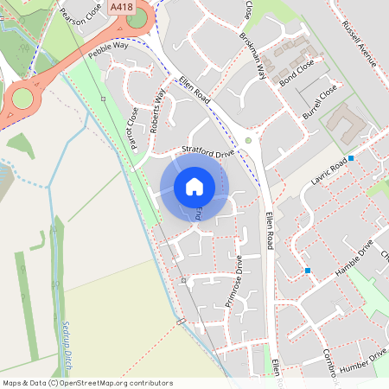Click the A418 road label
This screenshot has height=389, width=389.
(122, 6)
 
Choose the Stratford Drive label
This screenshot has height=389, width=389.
(207, 154)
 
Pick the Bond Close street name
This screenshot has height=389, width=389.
(297, 74)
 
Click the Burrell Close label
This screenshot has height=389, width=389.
(319, 102)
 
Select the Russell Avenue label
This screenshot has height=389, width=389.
(360, 43)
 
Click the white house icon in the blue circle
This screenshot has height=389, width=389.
(194, 187)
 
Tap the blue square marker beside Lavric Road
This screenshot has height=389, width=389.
(351, 158)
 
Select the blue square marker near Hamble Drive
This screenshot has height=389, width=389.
(308, 271)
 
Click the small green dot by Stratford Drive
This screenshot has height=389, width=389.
(248, 139)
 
